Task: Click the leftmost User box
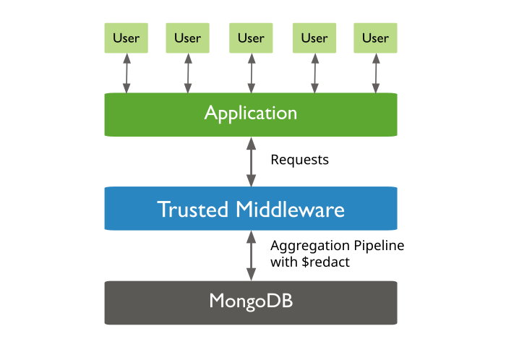point(126,38)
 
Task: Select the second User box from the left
point(188,38)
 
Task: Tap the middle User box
point(251,38)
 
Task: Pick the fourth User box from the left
point(314,38)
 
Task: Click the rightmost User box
point(375,38)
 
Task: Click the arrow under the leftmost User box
point(126,73)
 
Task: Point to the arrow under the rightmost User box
point(375,73)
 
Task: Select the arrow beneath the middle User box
point(251,73)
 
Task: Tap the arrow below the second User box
point(188,73)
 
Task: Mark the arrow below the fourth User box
point(314,73)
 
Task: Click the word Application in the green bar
point(250,113)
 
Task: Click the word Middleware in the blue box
point(290,210)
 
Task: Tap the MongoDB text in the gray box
point(250,301)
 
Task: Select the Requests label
point(299,160)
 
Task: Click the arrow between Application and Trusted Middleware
point(251,161)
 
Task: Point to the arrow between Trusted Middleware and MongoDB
point(251,255)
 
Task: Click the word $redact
point(322,262)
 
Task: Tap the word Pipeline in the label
point(379,246)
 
